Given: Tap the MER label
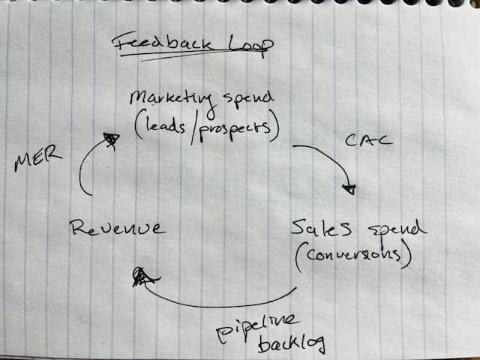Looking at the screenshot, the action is [37, 159].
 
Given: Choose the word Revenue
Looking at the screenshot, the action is [117, 227].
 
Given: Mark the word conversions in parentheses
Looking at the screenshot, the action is [353, 257].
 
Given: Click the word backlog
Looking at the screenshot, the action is [292, 344].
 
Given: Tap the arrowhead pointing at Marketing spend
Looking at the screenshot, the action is [111, 139].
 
